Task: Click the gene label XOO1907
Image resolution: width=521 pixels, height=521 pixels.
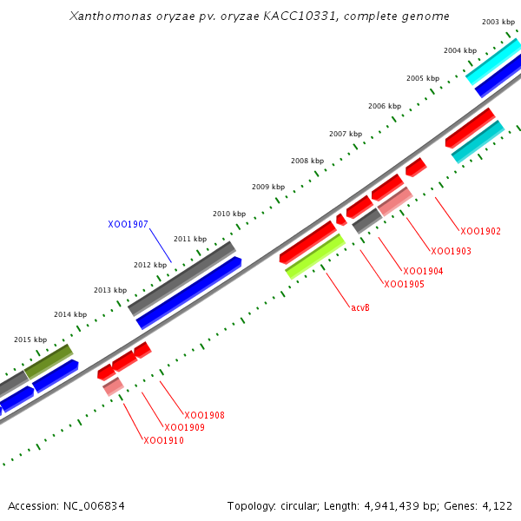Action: [128, 224]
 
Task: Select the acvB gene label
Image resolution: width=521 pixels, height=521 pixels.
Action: [360, 307]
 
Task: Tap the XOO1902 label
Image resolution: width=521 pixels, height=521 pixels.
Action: [480, 232]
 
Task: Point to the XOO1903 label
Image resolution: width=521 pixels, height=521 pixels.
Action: [451, 252]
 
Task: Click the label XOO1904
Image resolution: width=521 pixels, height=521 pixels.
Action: [423, 272]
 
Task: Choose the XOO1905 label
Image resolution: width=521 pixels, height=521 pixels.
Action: [404, 285]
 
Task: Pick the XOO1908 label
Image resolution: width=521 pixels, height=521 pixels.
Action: [204, 416]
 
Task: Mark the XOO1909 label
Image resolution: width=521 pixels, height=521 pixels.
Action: [184, 428]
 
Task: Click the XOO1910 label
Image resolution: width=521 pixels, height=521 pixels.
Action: [163, 441]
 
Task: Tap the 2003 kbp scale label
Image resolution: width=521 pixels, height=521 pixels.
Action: [498, 22]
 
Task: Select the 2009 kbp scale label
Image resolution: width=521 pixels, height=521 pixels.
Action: [268, 187]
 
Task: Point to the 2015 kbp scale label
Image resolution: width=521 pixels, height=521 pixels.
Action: [30, 340]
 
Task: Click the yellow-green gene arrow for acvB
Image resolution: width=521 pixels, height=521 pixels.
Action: [315, 256]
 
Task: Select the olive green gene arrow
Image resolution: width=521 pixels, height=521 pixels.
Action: [49, 361]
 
